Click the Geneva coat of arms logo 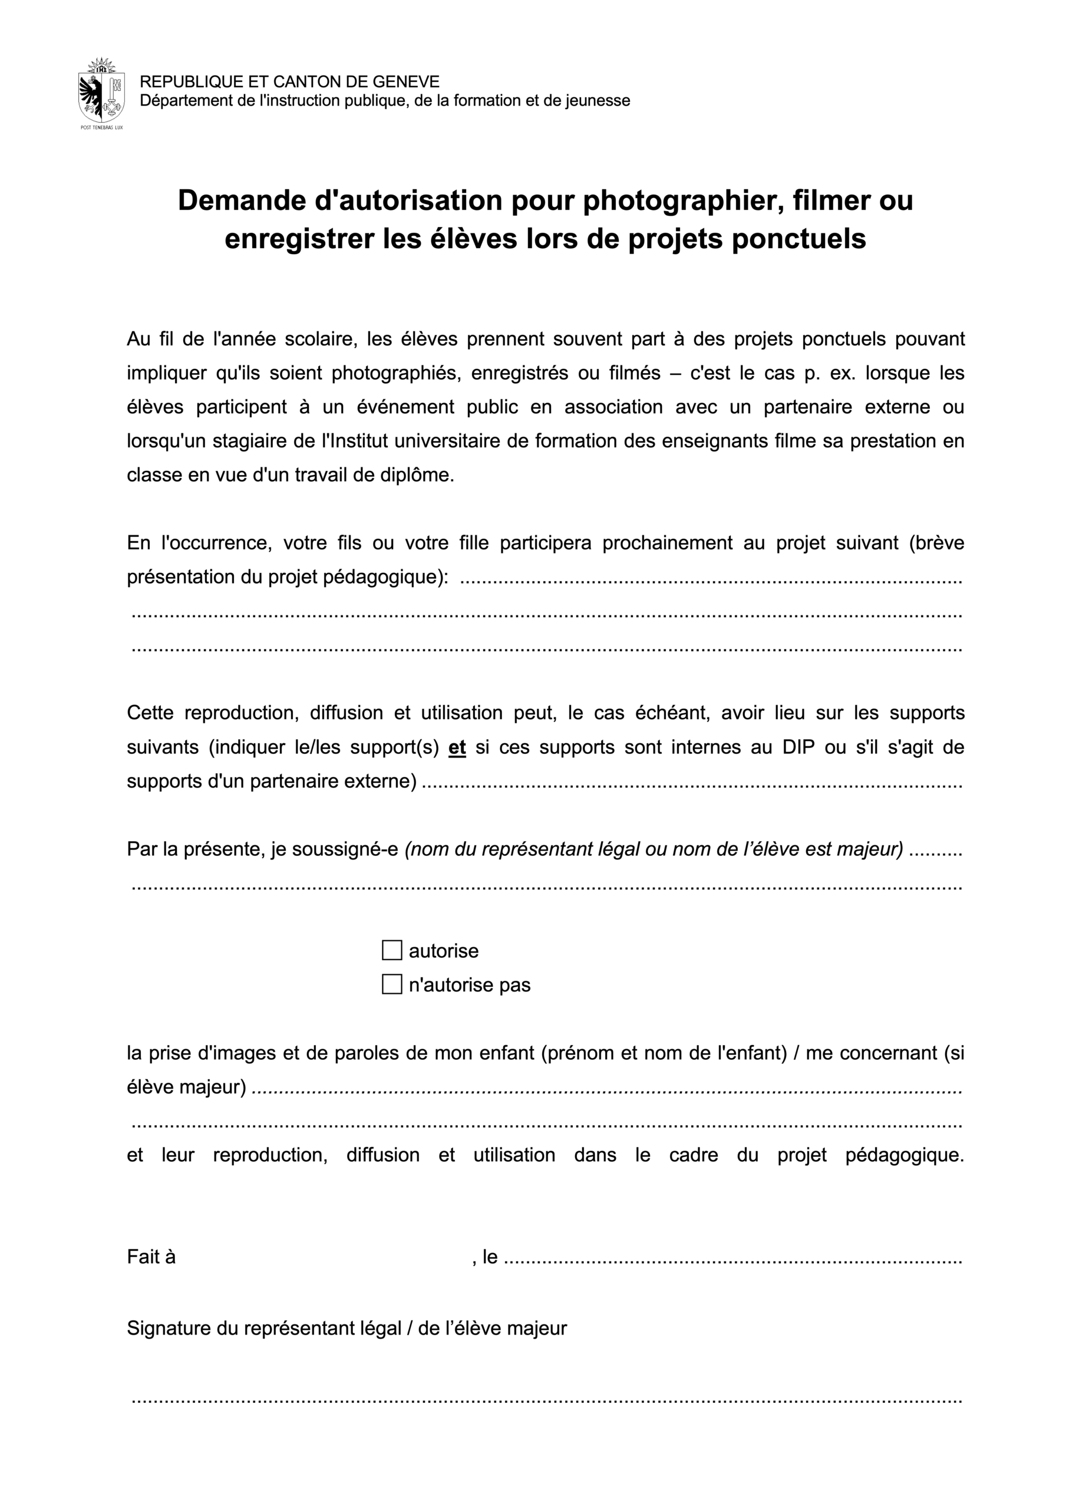(x=101, y=92)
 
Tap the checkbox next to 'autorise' (x=392, y=950)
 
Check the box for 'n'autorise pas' (x=392, y=984)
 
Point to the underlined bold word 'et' (x=457, y=747)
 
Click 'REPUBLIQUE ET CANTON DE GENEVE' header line (x=289, y=81)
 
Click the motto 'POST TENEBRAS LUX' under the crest (x=101, y=127)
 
